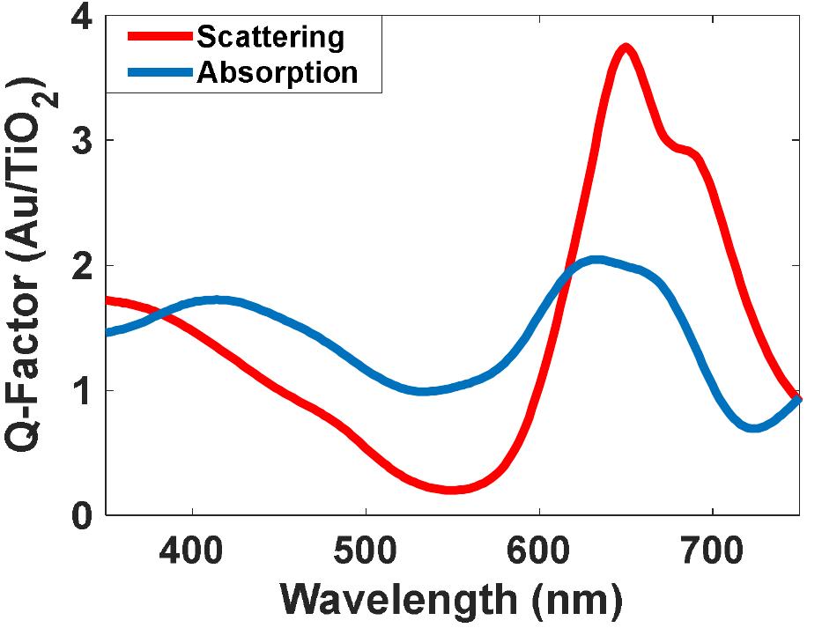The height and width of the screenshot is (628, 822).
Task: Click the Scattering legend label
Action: pyautogui.click(x=269, y=37)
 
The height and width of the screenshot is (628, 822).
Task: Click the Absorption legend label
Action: pyautogui.click(x=277, y=72)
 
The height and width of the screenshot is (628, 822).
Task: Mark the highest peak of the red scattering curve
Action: pyautogui.click(x=626, y=48)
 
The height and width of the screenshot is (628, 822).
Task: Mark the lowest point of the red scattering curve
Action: pyautogui.click(x=451, y=490)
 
